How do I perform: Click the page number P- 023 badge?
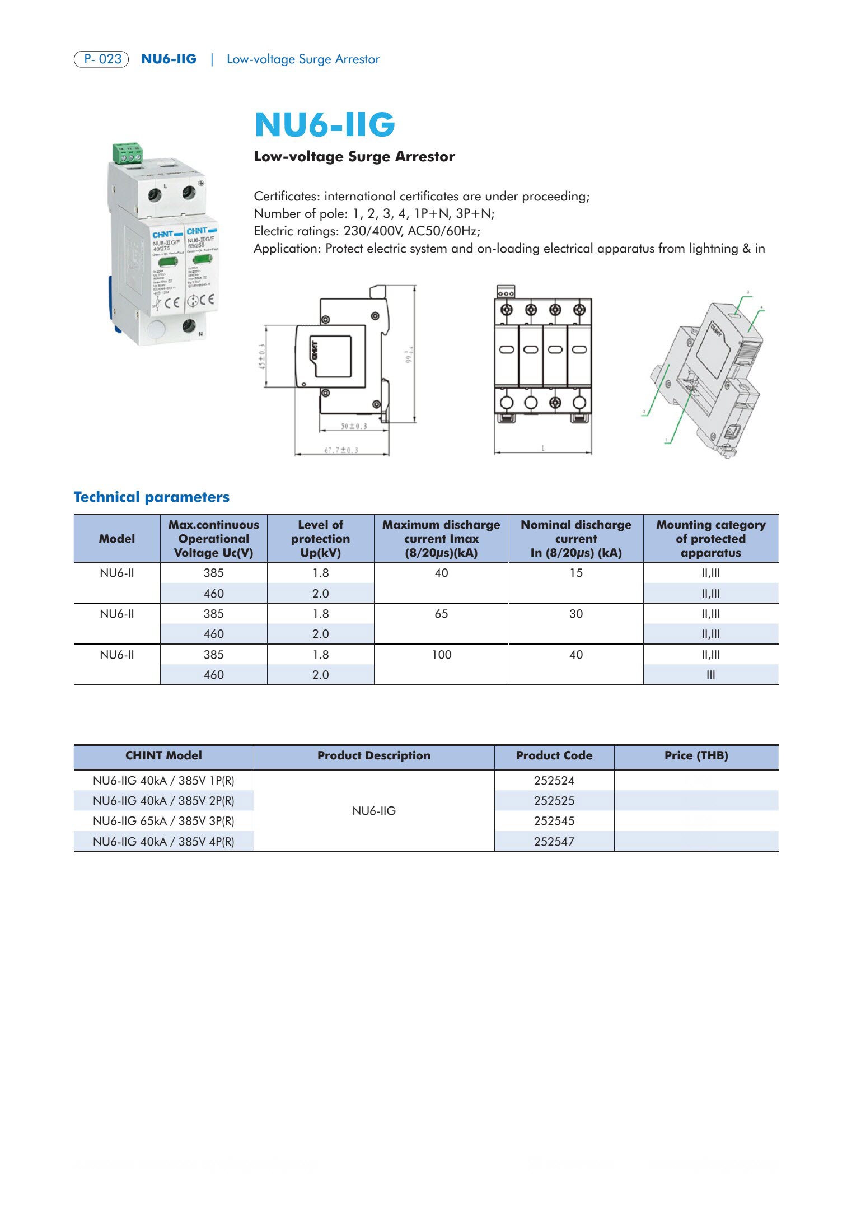(x=101, y=59)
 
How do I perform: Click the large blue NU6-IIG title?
(x=325, y=124)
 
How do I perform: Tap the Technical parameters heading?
(x=151, y=497)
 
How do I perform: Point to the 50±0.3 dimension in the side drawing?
(x=354, y=426)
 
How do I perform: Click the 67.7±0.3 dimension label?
(x=341, y=450)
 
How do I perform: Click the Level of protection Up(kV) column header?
(x=320, y=539)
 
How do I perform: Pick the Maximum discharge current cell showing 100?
(x=441, y=655)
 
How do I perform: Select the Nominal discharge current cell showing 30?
(x=575, y=614)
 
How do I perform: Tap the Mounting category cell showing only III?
(x=710, y=675)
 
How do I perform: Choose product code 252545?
(x=554, y=821)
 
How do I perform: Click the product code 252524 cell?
(x=554, y=781)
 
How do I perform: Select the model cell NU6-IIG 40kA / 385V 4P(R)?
(x=163, y=841)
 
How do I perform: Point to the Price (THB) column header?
(x=696, y=755)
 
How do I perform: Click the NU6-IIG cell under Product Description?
(x=374, y=811)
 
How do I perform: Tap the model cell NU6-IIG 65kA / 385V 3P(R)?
(x=163, y=821)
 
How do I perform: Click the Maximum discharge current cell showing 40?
(x=441, y=573)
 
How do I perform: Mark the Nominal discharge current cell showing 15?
(x=575, y=573)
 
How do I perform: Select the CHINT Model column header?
(x=163, y=755)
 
